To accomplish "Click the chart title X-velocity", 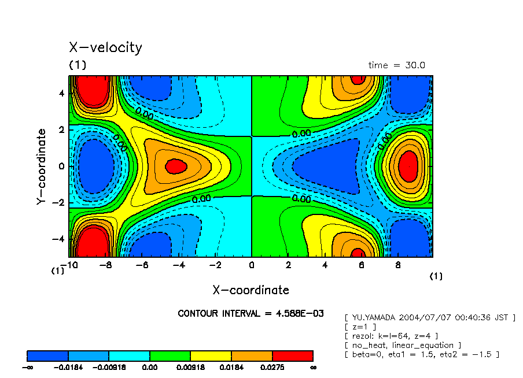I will click(105, 47).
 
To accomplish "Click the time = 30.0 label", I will click(396, 65).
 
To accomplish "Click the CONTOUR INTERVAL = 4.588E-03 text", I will click(251, 314).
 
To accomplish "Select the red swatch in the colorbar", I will click(292, 355).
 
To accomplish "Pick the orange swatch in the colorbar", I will click(252, 355).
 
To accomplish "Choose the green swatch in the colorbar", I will click(170, 355).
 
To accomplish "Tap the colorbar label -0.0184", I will click(68, 367).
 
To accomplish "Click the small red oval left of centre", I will click(176, 166).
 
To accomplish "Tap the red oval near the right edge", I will click(408, 166).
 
